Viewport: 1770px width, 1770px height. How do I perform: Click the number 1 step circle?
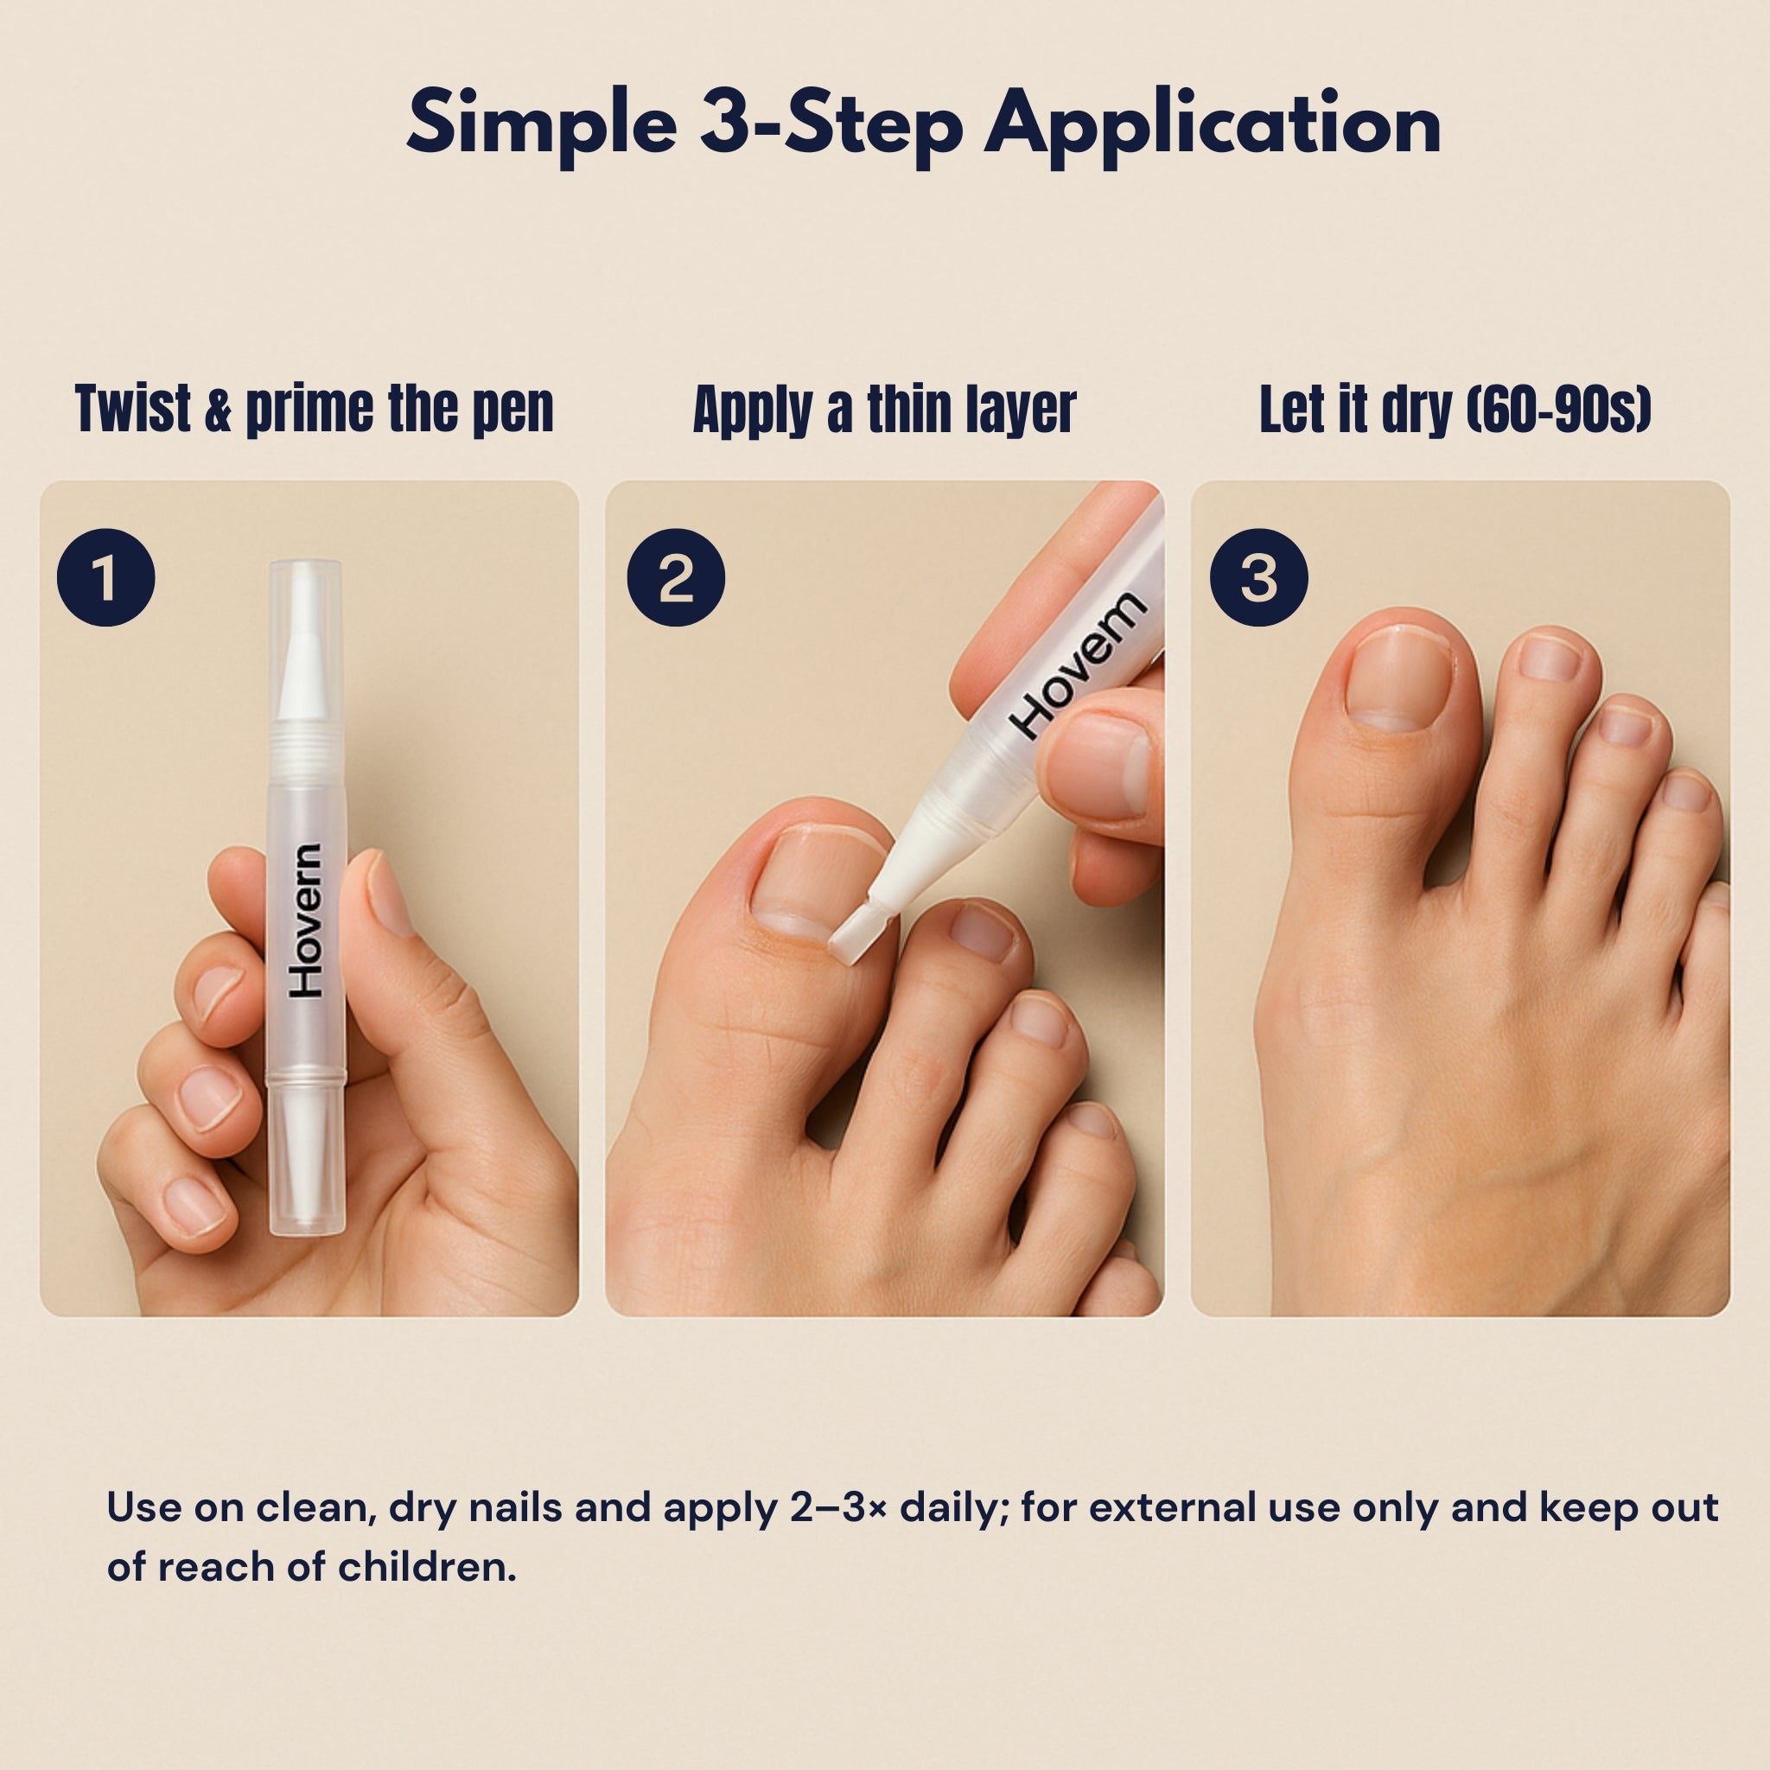[x=105, y=578]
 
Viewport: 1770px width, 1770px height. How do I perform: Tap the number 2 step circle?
[x=675, y=578]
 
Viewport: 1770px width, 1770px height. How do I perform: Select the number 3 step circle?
[x=1258, y=578]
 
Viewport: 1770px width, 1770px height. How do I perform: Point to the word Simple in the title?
[x=541, y=124]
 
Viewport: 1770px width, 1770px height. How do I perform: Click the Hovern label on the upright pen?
[x=306, y=920]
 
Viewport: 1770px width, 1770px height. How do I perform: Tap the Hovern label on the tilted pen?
[x=1079, y=665]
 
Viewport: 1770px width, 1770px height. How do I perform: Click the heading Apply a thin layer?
[x=884, y=410]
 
